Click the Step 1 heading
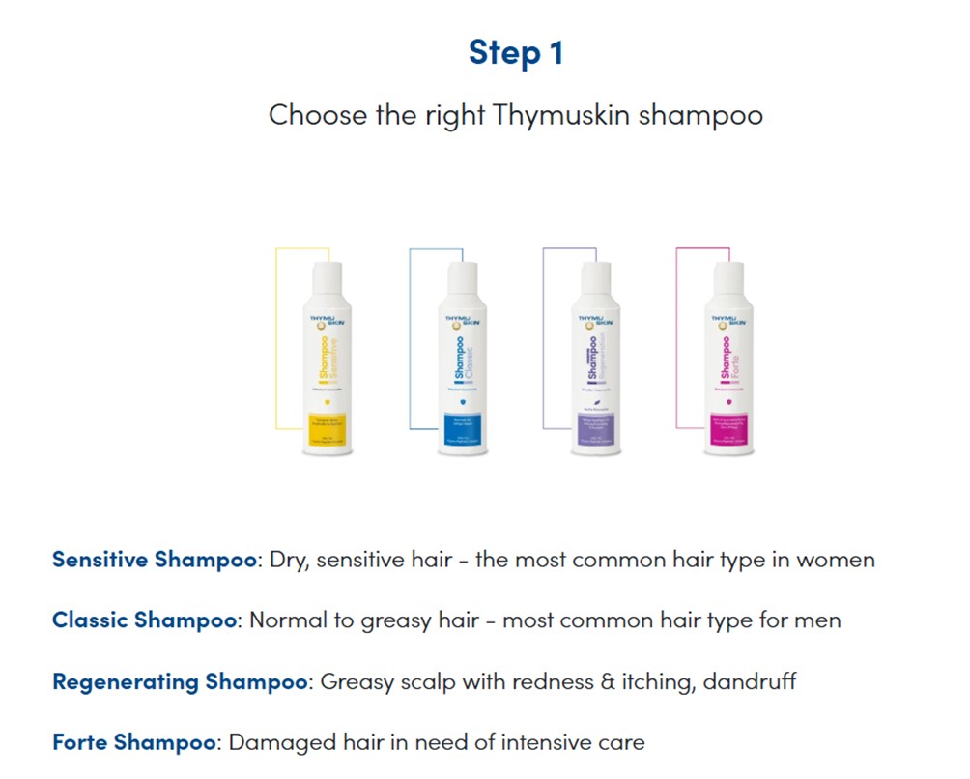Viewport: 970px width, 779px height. pos(515,52)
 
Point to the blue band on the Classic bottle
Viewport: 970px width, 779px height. pos(460,429)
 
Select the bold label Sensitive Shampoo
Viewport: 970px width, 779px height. pos(155,560)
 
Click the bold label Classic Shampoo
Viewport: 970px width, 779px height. pos(144,620)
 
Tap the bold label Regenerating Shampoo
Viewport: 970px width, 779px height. pos(180,681)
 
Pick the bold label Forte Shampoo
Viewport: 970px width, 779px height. pos(133,742)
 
